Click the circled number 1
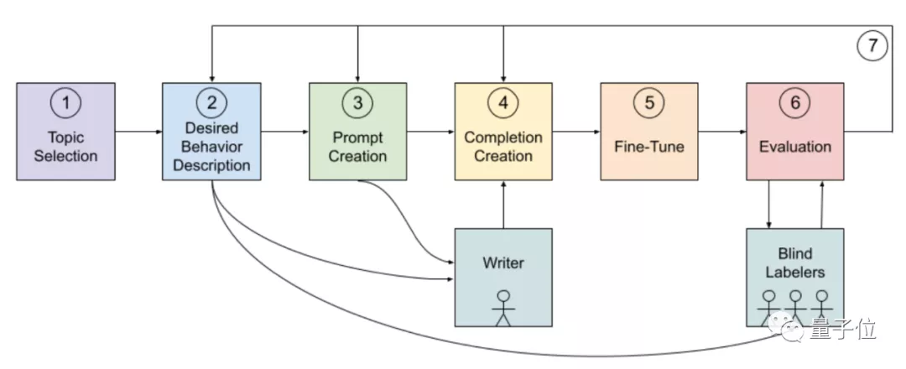click(x=66, y=103)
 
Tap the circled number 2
click(x=211, y=103)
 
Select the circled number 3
click(x=357, y=103)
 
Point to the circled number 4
click(x=503, y=103)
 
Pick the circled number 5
click(x=649, y=103)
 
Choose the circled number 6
click(x=794, y=103)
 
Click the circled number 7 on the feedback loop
click(x=872, y=45)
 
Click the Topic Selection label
click(x=66, y=146)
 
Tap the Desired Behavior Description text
click(x=211, y=147)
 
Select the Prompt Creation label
click(x=357, y=146)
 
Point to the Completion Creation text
click(x=503, y=146)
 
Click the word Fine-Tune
click(x=649, y=147)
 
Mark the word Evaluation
click(x=794, y=147)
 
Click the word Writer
click(x=503, y=262)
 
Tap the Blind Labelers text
click(x=794, y=262)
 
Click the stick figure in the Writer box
click(x=503, y=307)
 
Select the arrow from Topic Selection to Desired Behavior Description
click(x=138, y=132)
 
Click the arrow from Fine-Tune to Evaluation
click(x=722, y=132)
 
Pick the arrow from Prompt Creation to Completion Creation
click(x=430, y=132)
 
